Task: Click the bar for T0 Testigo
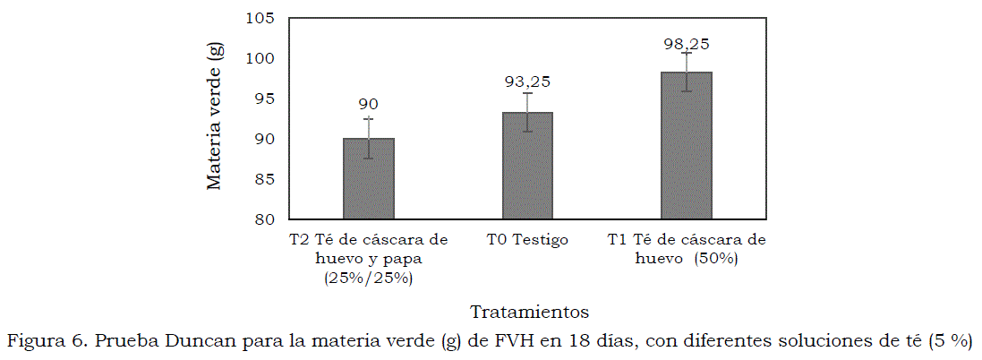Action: point(526,166)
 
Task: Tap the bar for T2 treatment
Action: point(368,178)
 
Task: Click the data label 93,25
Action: point(526,81)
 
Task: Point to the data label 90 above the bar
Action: point(368,105)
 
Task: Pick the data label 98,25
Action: point(686,43)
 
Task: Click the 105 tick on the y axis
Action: point(262,18)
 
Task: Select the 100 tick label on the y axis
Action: point(262,58)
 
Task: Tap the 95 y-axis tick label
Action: point(266,99)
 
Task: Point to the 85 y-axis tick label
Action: point(266,179)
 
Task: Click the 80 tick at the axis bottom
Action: point(266,219)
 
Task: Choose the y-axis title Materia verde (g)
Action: point(214,118)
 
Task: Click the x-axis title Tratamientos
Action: point(529,312)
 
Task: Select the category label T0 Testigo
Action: point(527,240)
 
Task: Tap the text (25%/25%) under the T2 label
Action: point(368,278)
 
